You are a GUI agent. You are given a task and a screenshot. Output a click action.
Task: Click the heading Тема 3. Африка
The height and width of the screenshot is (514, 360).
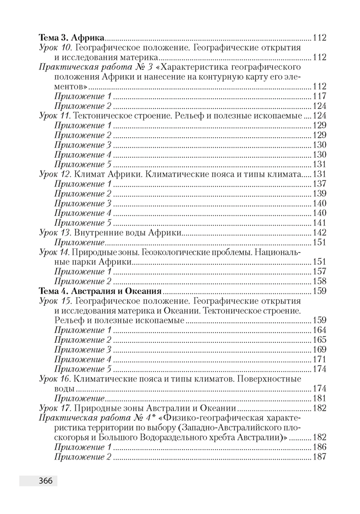(x=72, y=38)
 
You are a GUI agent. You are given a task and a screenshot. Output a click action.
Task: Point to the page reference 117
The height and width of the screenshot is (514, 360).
(x=319, y=97)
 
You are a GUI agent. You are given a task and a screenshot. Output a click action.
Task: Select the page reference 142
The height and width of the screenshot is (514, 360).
(x=319, y=233)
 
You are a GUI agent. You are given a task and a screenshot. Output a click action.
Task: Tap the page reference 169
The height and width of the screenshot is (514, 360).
(x=319, y=350)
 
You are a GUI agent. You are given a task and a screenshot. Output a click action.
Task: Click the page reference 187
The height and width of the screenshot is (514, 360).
(x=319, y=457)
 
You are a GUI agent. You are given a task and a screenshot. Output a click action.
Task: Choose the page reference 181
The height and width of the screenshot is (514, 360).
(x=319, y=398)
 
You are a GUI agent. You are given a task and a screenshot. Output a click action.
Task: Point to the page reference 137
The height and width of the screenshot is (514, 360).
(x=319, y=184)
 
